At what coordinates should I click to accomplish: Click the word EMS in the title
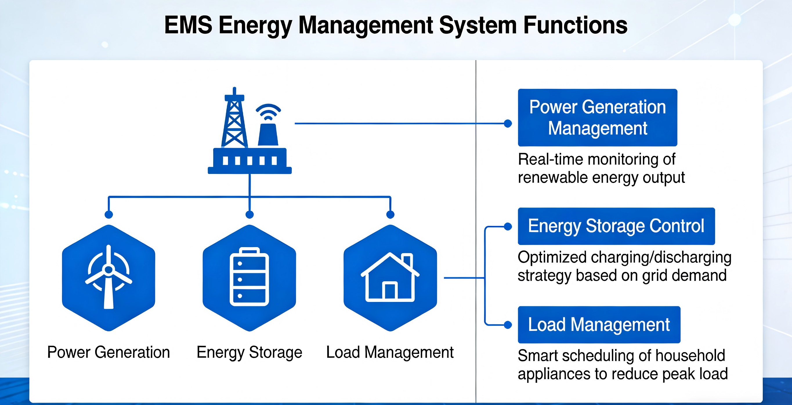coord(188,25)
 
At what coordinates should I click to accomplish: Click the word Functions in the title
coord(575,25)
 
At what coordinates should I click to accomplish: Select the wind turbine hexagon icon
coord(109,278)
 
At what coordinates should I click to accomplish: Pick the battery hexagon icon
coord(249,278)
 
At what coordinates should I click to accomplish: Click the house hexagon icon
coord(390,278)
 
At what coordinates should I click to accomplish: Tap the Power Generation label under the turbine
coord(109,352)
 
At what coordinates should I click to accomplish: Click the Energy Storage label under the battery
coord(249,352)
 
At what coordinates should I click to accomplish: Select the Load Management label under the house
coord(390,352)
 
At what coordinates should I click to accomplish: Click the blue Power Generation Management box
coord(597,118)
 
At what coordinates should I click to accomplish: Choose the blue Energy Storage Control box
coord(616,226)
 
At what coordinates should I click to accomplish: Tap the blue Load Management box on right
coord(599,325)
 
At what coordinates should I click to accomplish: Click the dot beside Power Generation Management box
coord(508,123)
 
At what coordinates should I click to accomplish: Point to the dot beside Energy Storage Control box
coord(508,226)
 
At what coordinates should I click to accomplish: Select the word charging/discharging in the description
coord(661,257)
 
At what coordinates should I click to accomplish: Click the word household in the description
coord(690,355)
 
